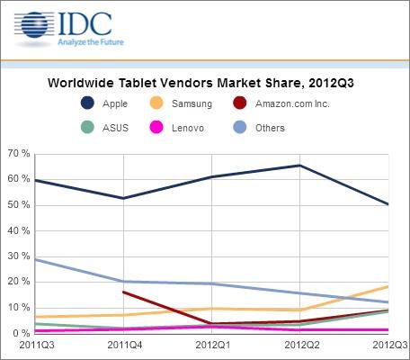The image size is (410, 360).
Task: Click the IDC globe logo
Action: pyautogui.click(x=34, y=25)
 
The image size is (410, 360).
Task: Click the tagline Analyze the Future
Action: pyautogui.click(x=91, y=42)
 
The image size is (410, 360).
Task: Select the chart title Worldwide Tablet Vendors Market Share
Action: pyautogui.click(x=174, y=83)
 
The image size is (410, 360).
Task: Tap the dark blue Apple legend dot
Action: pyautogui.click(x=87, y=103)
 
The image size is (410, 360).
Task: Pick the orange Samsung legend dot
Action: pyautogui.click(x=156, y=103)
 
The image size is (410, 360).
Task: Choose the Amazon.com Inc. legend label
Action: pyautogui.click(x=292, y=103)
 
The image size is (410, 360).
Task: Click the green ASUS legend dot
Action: pyautogui.click(x=87, y=128)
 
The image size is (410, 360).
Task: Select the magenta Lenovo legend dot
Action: pyautogui.click(x=156, y=128)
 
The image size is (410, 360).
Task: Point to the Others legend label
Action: pyautogui.click(x=270, y=128)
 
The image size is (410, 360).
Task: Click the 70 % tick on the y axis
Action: pyautogui.click(x=19, y=154)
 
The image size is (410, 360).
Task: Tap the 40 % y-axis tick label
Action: pyautogui.click(x=19, y=231)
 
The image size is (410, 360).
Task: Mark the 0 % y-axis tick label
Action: pyautogui.click(x=22, y=333)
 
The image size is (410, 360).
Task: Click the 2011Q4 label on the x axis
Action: pyautogui.click(x=125, y=345)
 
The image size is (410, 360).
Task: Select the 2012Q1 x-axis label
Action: pyautogui.click(x=213, y=345)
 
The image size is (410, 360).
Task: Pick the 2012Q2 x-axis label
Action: pyautogui.click(x=301, y=345)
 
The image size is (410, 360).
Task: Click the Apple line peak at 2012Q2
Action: pyautogui.click(x=300, y=166)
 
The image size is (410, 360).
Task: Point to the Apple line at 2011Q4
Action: pyautogui.click(x=123, y=198)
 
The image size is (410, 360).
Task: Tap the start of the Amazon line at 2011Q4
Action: pyautogui.click(x=124, y=292)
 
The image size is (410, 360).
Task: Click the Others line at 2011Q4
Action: pyautogui.click(x=123, y=282)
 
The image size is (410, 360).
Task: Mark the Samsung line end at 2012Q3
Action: pyautogui.click(x=388, y=286)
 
